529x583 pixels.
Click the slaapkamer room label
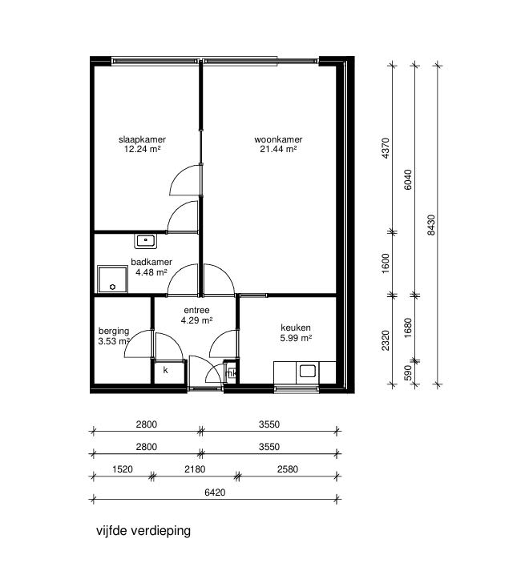[x=143, y=139]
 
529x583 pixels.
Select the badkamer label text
[x=151, y=262]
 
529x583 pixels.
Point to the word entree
[x=196, y=311]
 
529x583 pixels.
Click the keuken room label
[x=296, y=328]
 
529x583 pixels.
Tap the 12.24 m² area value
[x=143, y=149]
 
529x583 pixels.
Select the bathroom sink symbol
[x=146, y=239]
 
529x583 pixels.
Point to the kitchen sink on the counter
[x=308, y=371]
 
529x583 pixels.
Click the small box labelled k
[x=166, y=371]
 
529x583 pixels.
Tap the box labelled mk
[x=231, y=372]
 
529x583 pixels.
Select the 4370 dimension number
[x=386, y=149]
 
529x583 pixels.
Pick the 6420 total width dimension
[x=214, y=493]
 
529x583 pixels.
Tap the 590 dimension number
[x=386, y=374]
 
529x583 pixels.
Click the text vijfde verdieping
[x=143, y=530]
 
